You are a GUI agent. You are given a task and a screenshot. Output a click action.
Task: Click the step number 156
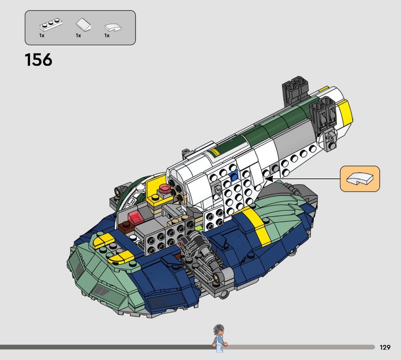pyautogui.click(x=39, y=60)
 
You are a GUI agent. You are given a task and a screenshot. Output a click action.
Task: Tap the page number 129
pyautogui.click(x=385, y=347)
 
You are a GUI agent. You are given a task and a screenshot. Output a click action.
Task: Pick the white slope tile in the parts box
pyautogui.click(x=83, y=25)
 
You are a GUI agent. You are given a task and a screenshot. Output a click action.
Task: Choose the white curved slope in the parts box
pyautogui.click(x=113, y=28)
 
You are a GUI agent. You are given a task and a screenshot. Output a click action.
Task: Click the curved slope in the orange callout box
pyautogui.click(x=360, y=178)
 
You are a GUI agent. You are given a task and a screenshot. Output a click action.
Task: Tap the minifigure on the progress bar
pyautogui.click(x=219, y=338)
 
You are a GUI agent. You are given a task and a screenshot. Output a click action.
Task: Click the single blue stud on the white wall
pyautogui.click(x=234, y=176)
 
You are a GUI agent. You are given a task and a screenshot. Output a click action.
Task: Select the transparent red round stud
pyautogui.click(x=164, y=189)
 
